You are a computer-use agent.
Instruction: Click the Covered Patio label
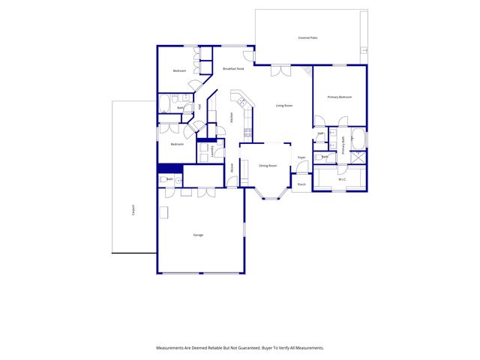tap(308, 37)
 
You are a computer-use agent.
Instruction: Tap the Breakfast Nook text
tap(233, 69)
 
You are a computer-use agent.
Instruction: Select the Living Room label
tap(283, 106)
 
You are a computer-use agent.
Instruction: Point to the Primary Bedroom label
tap(340, 97)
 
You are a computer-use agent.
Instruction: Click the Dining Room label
tap(268, 165)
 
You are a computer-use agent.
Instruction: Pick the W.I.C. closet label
tap(341, 178)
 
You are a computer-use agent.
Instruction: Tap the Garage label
tap(198, 235)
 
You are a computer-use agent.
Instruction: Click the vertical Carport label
tap(133, 210)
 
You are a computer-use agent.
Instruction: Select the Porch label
tap(301, 184)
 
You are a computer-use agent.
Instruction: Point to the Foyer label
tap(301, 157)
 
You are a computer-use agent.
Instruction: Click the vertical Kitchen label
tap(232, 118)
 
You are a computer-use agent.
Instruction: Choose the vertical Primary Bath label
tap(343, 144)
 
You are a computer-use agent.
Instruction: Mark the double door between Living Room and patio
tap(280, 71)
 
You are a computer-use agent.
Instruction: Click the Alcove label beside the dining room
tap(232, 167)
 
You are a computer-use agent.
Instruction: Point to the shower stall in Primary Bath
tap(358, 157)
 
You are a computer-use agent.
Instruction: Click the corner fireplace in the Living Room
tap(307, 70)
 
